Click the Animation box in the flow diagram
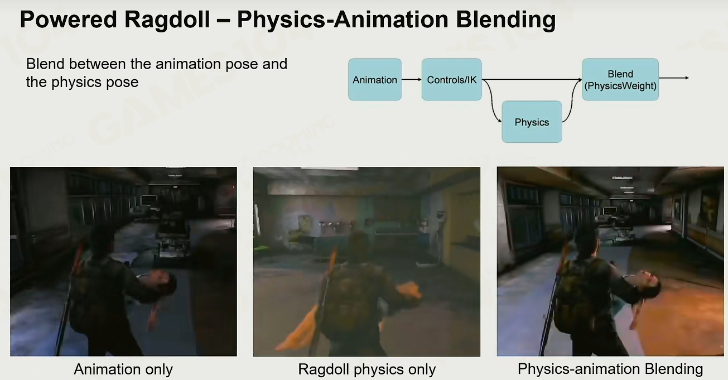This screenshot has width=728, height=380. click(x=375, y=79)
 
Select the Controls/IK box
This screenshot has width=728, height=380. click(x=451, y=79)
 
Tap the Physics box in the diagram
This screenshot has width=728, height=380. click(x=532, y=122)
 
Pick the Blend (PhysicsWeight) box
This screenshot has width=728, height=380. click(x=620, y=79)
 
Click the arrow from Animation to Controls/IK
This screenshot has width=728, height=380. click(x=412, y=79)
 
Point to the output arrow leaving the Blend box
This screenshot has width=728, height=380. click(x=674, y=78)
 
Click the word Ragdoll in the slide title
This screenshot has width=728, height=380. click(x=167, y=20)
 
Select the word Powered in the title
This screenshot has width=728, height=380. click(x=68, y=20)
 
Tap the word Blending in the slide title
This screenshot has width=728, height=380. click(x=506, y=20)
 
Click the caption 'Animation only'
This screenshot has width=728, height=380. click(x=123, y=369)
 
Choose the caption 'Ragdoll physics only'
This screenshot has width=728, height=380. click(x=367, y=369)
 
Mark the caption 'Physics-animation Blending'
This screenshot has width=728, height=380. click(x=610, y=369)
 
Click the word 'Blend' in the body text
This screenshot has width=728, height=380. click(x=45, y=64)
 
